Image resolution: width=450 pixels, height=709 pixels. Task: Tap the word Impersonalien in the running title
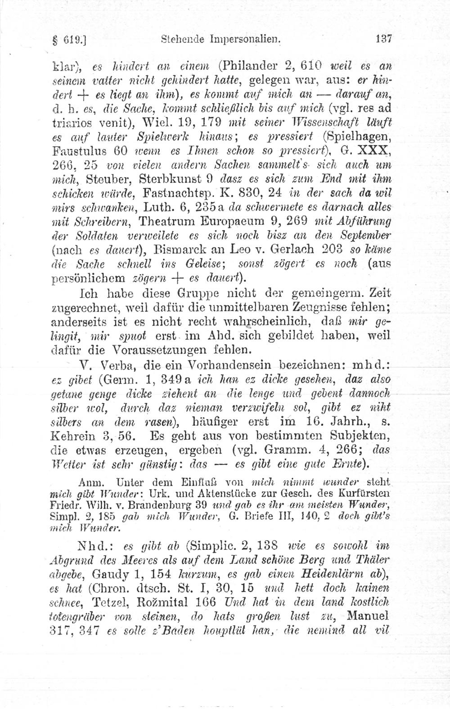[244, 39]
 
